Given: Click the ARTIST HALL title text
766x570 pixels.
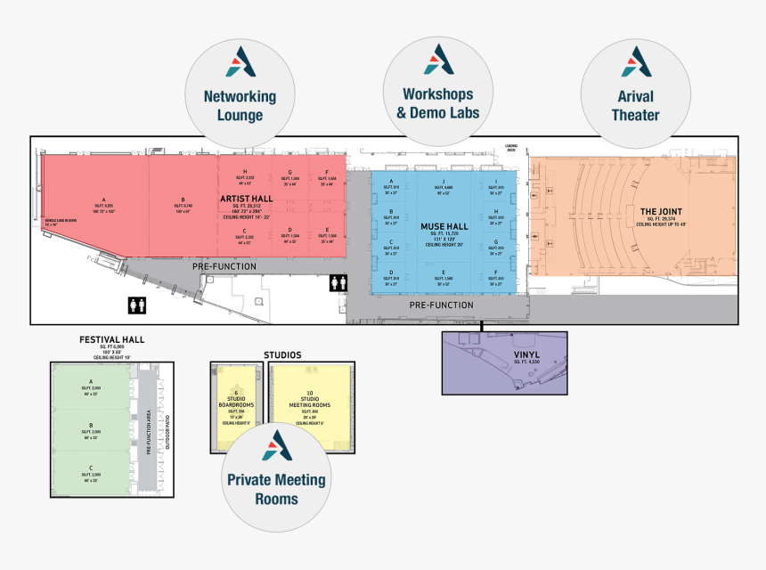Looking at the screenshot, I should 246,198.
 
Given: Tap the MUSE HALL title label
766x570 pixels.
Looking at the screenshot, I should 444,227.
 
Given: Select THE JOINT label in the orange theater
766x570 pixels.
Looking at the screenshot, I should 660,211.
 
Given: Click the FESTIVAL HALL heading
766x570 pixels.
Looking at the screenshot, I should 111,339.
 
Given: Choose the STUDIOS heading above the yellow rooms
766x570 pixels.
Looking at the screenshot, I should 282,354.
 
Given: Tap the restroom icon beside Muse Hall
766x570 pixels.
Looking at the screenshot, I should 338,281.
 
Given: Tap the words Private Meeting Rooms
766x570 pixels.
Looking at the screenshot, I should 276,489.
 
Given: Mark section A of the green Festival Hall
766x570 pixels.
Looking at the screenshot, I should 90,382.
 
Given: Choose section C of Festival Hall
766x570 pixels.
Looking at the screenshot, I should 90,468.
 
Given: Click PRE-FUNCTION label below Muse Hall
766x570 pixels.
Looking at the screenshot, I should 441,305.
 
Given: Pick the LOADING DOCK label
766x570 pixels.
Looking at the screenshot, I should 511,148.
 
